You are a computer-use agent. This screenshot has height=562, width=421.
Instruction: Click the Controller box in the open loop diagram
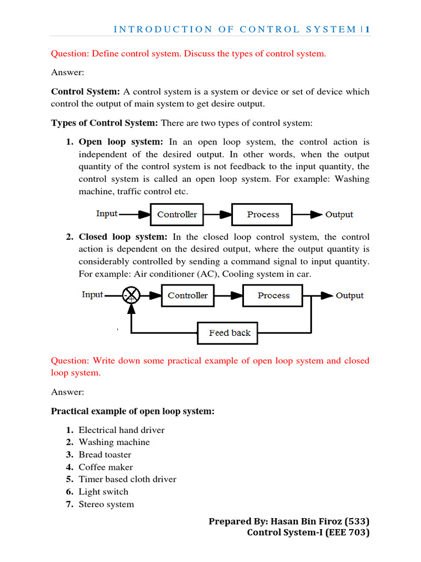click(177, 215)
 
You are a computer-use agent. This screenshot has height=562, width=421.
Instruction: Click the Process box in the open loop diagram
click(263, 215)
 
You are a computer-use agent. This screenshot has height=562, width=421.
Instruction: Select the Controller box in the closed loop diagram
click(187, 295)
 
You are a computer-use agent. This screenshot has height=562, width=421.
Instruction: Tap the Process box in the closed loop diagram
click(274, 295)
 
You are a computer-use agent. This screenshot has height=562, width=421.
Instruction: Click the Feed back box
click(230, 333)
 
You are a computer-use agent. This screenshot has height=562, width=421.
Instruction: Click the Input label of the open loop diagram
click(107, 213)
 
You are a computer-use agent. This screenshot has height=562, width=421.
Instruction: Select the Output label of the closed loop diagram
click(350, 295)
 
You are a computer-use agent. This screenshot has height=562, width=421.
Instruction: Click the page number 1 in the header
click(368, 29)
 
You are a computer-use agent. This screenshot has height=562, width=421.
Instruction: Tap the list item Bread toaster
click(105, 454)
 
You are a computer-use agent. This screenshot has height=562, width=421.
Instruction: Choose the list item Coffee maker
click(106, 467)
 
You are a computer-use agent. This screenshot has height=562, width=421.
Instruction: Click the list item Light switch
click(104, 492)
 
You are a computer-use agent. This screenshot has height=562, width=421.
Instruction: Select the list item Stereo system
click(106, 504)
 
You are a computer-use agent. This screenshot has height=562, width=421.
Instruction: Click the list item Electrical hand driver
click(121, 430)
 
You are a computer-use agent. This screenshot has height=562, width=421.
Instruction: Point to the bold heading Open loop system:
click(121, 142)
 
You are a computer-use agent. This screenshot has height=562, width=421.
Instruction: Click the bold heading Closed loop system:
click(123, 237)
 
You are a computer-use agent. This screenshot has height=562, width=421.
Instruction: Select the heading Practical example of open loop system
click(132, 411)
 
